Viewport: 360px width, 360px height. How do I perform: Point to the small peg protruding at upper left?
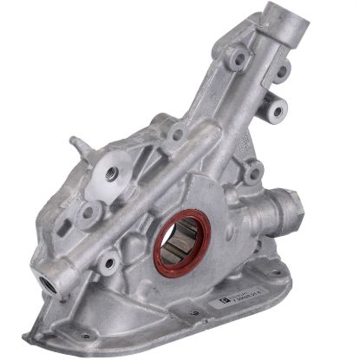pyautogui.click(x=75, y=141)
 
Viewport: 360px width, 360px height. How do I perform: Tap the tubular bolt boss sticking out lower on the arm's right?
pyautogui.click(x=276, y=110)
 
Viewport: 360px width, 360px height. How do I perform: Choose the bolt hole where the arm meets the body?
pyautogui.click(x=177, y=134)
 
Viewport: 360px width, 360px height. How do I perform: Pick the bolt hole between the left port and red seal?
pyautogui.click(x=108, y=259)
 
